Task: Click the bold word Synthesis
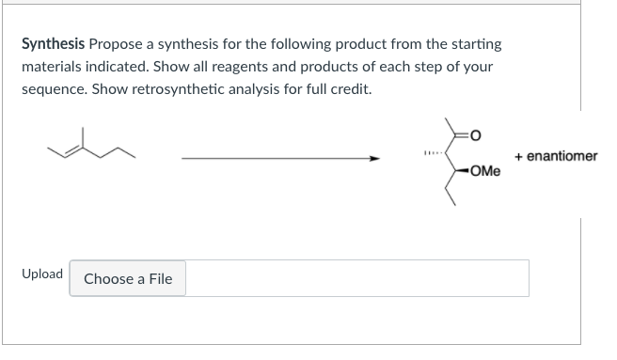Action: click(54, 44)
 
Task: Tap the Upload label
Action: click(42, 274)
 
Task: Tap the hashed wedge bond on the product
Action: click(433, 154)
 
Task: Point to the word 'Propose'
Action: click(118, 44)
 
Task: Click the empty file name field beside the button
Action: click(356, 278)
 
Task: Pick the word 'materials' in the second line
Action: click(53, 69)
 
